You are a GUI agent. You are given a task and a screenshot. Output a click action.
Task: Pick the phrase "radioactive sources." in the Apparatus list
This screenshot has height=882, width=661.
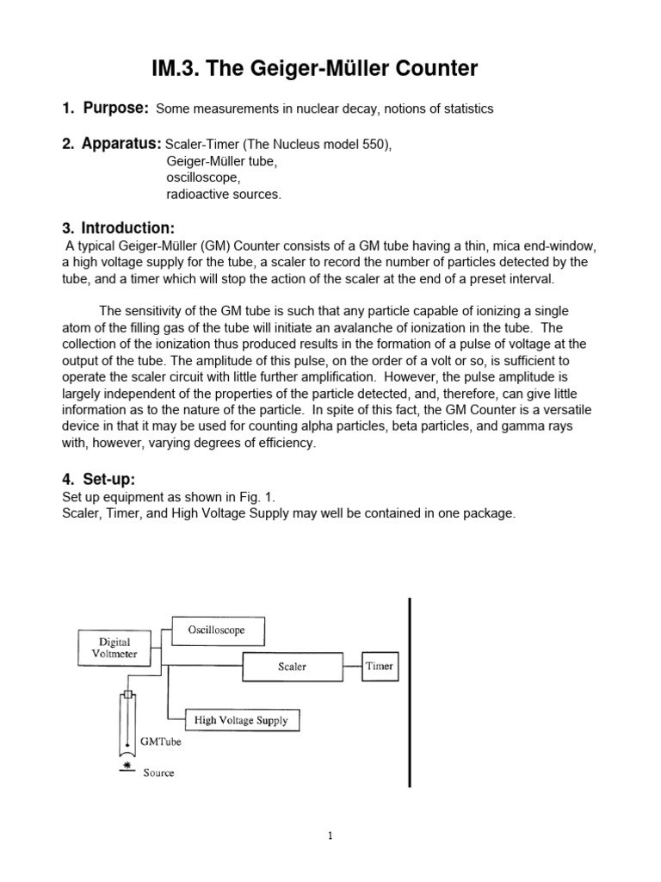[223, 194]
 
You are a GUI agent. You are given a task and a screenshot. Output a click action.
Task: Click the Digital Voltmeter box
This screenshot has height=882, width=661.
[114, 647]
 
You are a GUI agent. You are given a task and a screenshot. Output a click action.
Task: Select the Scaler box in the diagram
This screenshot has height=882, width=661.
[292, 666]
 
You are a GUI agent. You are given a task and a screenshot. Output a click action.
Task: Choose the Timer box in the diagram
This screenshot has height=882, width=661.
[379, 666]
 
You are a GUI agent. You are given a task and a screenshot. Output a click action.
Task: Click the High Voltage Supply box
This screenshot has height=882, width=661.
[242, 720]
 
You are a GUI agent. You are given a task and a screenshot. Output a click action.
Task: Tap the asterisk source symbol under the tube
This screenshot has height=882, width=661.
[127, 764]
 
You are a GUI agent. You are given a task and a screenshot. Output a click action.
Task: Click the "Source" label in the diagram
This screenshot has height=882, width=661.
[158, 773]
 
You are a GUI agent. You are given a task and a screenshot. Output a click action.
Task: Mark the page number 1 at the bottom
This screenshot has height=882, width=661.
[330, 835]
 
